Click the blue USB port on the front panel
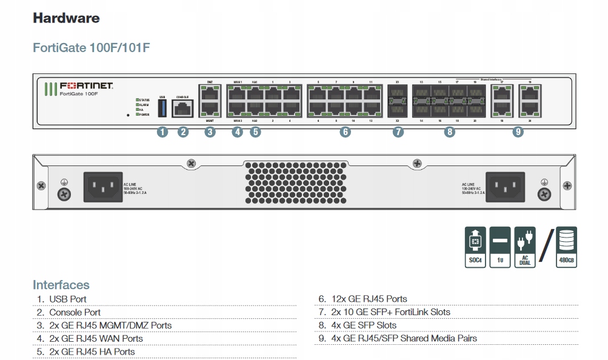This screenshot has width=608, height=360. coord(162,108)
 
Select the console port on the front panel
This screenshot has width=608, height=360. coord(182,108)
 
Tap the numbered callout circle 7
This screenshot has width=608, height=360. coord(398,132)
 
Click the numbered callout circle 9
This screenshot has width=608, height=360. coord(518,132)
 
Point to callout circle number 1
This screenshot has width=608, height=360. coord(162,132)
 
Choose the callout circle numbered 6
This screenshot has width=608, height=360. coord(345,132)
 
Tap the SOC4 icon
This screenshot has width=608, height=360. coord(476,247)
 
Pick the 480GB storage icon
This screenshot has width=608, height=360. coord(566,247)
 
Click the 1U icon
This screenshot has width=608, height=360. coord(500,247)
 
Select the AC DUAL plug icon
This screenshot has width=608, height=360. coord(524,247)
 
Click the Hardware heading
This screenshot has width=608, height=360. coord(66,18)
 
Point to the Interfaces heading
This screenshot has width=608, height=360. coord(61,285)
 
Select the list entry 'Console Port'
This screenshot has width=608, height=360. coord(75,312)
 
